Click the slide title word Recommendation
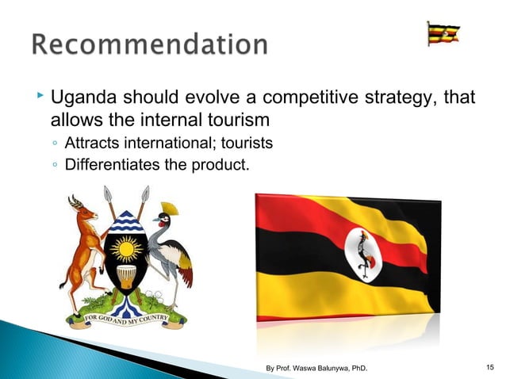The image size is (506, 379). [x=150, y=45]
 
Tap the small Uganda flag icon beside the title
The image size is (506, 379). [x=443, y=33]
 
